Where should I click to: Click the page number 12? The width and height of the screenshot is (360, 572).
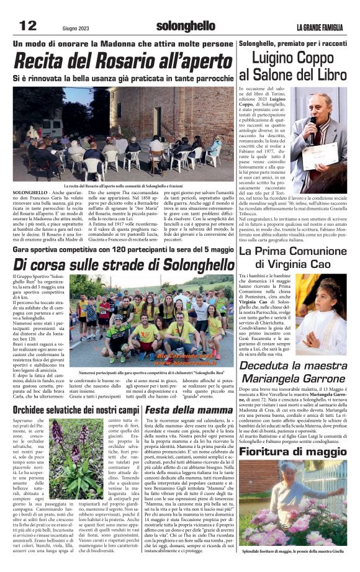tap(28, 25)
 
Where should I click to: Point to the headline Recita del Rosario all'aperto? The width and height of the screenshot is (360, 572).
tap(122, 61)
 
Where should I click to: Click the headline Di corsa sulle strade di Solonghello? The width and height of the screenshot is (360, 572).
tap(124, 265)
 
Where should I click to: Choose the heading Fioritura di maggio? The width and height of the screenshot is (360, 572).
tap(294, 451)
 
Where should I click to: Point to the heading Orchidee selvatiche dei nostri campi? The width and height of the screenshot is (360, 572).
tap(76, 410)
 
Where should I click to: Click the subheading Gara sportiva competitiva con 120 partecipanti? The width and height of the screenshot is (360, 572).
tap(122, 249)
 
